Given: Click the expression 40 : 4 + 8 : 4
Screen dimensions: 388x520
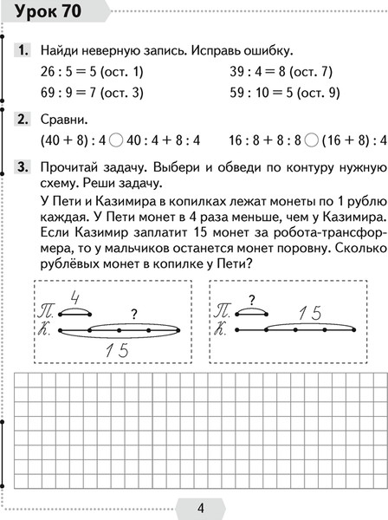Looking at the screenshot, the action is (x=170, y=140).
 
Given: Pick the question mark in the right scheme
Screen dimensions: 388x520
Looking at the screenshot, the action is (x=251, y=301).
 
